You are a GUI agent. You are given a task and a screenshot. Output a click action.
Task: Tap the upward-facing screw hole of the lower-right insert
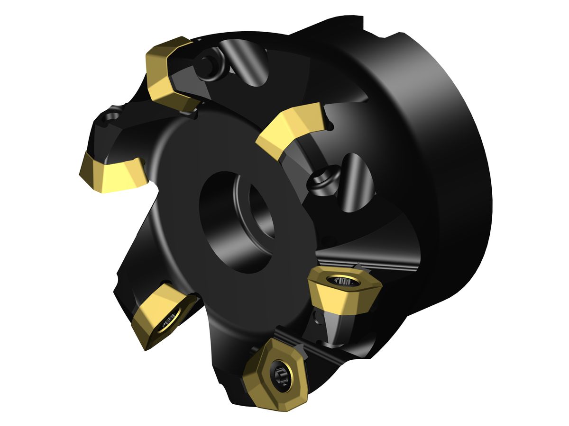click(x=345, y=283)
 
